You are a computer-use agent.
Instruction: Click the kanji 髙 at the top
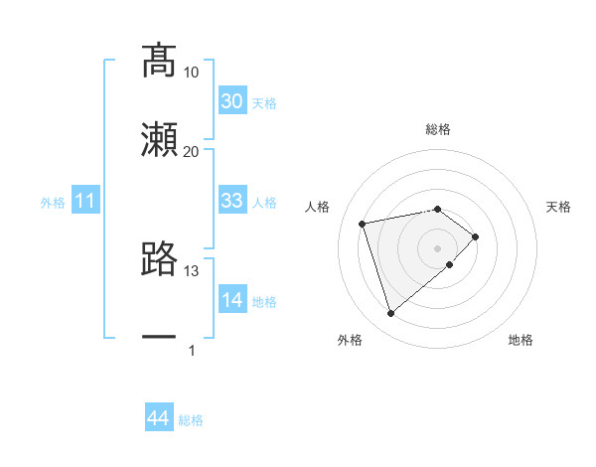158,61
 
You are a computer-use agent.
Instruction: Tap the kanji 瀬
158,140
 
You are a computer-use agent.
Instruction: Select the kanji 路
158,259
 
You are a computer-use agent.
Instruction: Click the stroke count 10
192,73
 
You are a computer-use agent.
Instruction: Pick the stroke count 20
192,151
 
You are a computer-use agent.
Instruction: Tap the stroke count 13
192,270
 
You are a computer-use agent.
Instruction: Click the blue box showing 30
232,101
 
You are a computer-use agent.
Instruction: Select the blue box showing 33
232,201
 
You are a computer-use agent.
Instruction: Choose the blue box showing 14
232,300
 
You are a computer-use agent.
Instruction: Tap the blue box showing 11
85,202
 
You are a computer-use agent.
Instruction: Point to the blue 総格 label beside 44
191,420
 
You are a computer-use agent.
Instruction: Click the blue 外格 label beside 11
53,203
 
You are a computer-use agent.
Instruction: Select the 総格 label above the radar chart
438,129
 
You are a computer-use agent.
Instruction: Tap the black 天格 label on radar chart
559,207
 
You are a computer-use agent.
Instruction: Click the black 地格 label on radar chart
521,340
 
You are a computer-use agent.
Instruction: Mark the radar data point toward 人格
364,223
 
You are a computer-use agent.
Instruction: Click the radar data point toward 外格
391,314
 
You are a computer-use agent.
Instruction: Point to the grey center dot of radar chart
438,247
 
